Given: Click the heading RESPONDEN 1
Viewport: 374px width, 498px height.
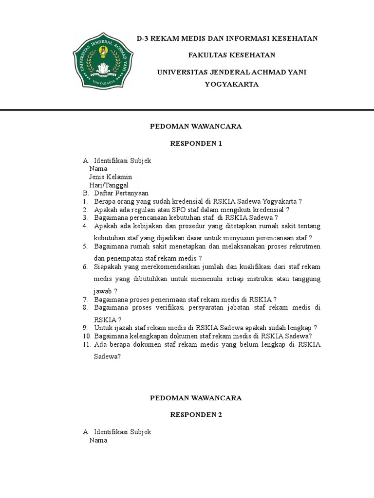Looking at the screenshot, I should tap(195, 143).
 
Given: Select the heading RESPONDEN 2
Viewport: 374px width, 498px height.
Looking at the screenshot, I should tap(195, 415).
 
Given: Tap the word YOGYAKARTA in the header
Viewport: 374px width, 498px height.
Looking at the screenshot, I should tap(231, 84).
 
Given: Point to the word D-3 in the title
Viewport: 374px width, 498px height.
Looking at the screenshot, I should tap(143, 38).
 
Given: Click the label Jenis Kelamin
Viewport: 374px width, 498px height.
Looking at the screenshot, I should tap(111, 177).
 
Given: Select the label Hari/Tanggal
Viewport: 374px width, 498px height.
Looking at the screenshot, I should tap(109, 185).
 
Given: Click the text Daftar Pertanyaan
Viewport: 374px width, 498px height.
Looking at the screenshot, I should tap(118, 193).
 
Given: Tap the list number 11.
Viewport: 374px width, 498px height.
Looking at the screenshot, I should tap(87, 344).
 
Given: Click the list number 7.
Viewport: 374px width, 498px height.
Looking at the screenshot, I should tap(85, 299).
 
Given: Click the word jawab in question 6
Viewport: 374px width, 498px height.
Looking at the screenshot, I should tap(104, 290).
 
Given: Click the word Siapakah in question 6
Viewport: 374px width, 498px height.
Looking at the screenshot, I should tap(108, 267).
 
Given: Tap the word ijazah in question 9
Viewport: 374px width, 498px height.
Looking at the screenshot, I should tap(123, 327).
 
